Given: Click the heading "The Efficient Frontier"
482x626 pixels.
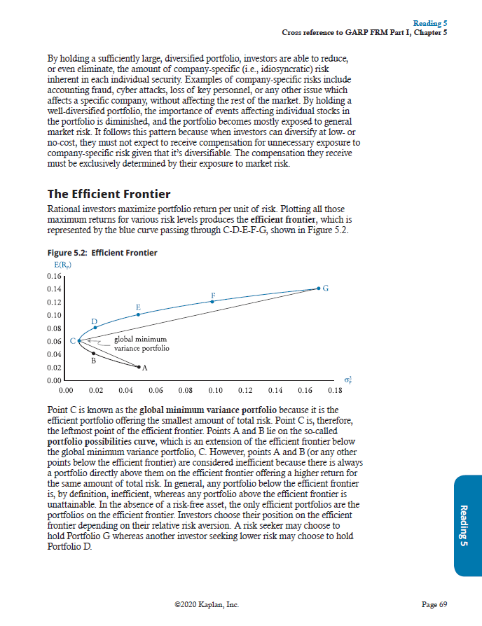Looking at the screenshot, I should [x=108, y=193].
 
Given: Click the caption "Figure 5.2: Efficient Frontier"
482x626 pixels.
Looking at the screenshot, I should [x=102, y=253].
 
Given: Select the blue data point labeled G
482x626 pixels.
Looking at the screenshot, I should [x=319, y=288].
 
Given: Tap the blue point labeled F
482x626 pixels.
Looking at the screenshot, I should [x=212, y=301].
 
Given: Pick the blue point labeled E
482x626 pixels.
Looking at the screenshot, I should [x=138, y=314].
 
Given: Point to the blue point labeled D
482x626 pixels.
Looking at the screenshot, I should [x=95, y=328].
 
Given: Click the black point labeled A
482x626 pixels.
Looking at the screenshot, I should [x=139, y=366].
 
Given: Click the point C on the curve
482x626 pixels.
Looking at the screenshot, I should [x=78, y=341].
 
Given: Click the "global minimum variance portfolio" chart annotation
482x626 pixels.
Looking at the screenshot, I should [x=141, y=344].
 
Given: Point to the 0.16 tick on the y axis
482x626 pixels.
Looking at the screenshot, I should [x=53, y=276].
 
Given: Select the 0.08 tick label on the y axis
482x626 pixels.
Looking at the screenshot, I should [x=53, y=328].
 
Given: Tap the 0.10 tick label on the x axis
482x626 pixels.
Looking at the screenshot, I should [x=215, y=389].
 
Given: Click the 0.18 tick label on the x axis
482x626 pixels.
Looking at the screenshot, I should [x=334, y=389].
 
